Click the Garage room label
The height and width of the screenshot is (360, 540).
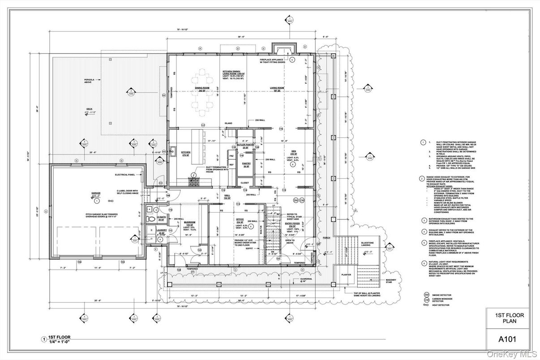pyautogui.click(x=96, y=194)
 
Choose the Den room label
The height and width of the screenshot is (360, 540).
pyautogui.click(x=293, y=153)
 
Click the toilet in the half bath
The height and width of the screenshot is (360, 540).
pyautogui.click(x=151, y=219)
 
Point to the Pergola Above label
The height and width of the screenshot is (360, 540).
pyautogui.click(x=89, y=82)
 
